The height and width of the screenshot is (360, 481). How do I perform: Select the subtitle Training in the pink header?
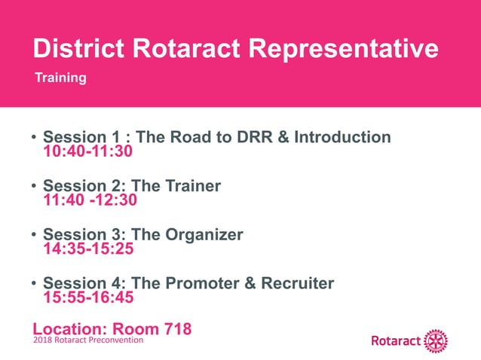pyautogui.click(x=60, y=78)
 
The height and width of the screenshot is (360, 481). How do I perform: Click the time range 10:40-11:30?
pyautogui.click(x=87, y=151)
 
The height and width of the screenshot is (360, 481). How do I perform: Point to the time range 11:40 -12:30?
pyautogui.click(x=90, y=200)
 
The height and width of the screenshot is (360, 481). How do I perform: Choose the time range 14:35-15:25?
pyautogui.click(x=87, y=249)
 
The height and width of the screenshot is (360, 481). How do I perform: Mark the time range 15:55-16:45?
pyautogui.click(x=87, y=298)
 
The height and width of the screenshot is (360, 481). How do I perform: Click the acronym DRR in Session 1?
pyautogui.click(x=253, y=138)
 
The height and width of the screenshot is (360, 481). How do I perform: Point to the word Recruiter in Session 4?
pyautogui.click(x=297, y=284)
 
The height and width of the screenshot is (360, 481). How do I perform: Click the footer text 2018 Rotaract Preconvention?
pyautogui.click(x=88, y=340)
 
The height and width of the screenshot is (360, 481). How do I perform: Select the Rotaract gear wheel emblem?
pyautogui.click(x=436, y=340)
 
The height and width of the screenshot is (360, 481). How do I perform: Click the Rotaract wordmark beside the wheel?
pyautogui.click(x=395, y=341)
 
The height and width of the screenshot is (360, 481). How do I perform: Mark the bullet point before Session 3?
pyautogui.click(x=34, y=236)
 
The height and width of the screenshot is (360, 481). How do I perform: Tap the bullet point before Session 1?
pyautogui.click(x=34, y=139)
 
